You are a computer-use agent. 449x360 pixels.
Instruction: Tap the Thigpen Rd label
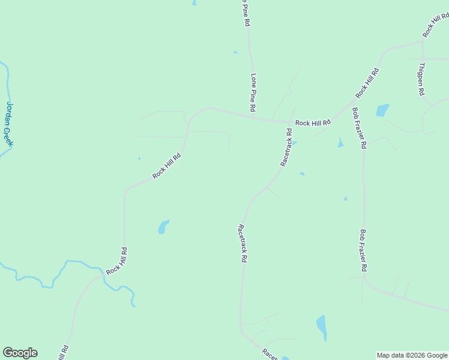click(421, 79)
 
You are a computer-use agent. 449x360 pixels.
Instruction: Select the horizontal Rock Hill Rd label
click(313, 123)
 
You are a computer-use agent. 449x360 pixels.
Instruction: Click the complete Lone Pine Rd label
click(253, 92)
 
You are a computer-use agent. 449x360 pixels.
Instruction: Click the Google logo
click(20, 353)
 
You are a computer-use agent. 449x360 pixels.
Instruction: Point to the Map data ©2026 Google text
click(412, 355)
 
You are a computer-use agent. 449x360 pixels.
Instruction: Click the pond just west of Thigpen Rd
click(382, 110)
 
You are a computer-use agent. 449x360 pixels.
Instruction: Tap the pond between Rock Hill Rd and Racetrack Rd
click(163, 227)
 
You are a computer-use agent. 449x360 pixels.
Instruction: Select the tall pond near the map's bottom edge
click(322, 327)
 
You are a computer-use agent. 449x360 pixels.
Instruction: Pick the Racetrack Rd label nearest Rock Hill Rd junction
click(286, 147)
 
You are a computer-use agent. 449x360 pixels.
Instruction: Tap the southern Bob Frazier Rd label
click(363, 249)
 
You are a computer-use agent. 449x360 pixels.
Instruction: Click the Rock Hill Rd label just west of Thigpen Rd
click(367, 83)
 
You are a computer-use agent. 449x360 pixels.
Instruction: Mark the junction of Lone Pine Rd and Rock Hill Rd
click(250, 116)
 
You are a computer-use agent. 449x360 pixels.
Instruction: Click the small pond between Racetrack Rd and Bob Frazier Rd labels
click(340, 142)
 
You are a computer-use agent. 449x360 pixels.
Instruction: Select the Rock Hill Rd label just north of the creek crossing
click(116, 262)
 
